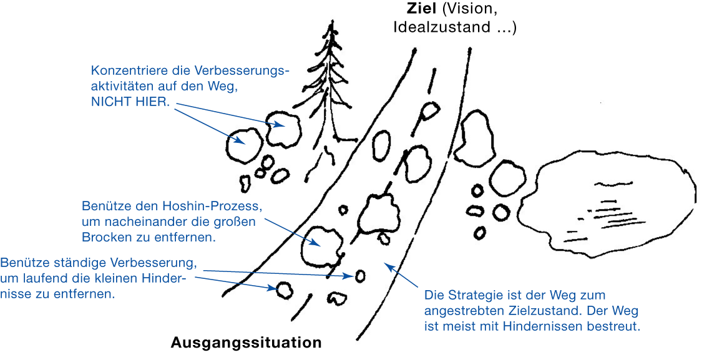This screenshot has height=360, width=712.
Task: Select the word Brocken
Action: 103,237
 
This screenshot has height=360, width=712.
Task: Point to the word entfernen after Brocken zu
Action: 187,237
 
